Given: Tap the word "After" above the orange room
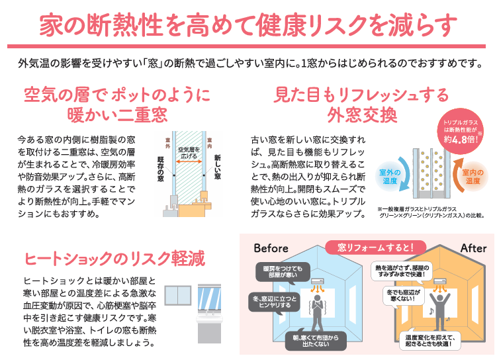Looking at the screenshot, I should pos(473,248).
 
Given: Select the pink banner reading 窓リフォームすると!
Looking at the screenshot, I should pos(375,247).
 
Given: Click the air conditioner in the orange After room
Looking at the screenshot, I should pos(437,283).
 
